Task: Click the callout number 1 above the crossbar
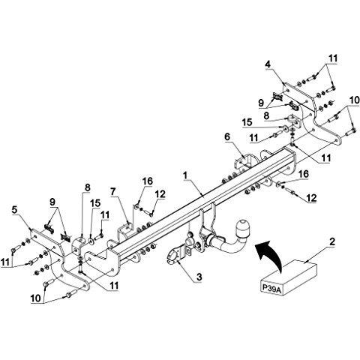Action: pyautogui.click(x=185, y=175)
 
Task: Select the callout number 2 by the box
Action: pyautogui.click(x=332, y=241)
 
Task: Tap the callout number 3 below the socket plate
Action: pyautogui.click(x=199, y=277)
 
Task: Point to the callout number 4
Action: pyautogui.click(x=268, y=64)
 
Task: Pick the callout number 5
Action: pyautogui.click(x=15, y=210)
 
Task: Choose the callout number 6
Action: pyautogui.click(x=227, y=136)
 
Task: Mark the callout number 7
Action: pyautogui.click(x=113, y=192)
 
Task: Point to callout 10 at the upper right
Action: pyautogui.click(x=355, y=100)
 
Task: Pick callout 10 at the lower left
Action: pyautogui.click(x=35, y=298)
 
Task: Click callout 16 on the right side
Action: pyautogui.click(x=304, y=174)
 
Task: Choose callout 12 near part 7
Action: pyautogui.click(x=160, y=194)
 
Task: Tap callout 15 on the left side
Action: pyautogui.click(x=95, y=203)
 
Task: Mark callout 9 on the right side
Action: pyautogui.click(x=261, y=103)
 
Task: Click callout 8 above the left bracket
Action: pyautogui.click(x=88, y=187)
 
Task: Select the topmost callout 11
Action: pyautogui.click(x=333, y=58)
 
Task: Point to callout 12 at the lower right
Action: pyautogui.click(x=311, y=198)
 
